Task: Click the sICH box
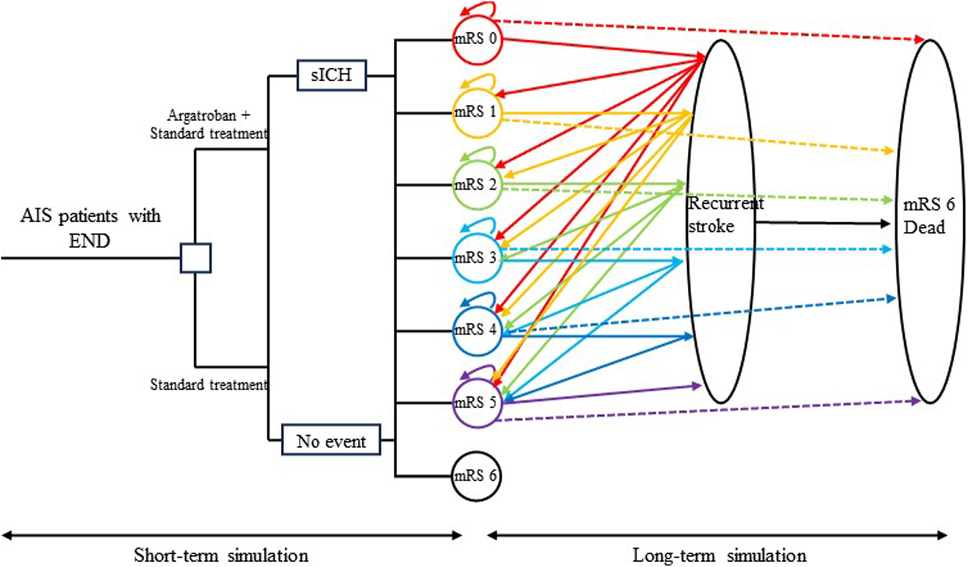(x=332, y=75)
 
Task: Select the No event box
(x=331, y=440)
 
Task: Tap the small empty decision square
(x=196, y=258)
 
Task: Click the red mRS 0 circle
(x=476, y=39)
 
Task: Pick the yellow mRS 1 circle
(x=476, y=112)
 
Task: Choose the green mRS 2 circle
(x=476, y=185)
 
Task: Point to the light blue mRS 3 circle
(x=476, y=258)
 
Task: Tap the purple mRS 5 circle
(x=476, y=403)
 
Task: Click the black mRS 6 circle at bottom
(x=476, y=476)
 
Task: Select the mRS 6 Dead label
(x=928, y=216)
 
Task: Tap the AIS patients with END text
(x=90, y=228)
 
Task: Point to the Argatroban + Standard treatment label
(x=209, y=124)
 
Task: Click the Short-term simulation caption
(x=221, y=556)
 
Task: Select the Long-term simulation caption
(x=719, y=556)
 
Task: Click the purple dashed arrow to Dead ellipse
(x=710, y=410)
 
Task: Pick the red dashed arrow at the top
(x=710, y=31)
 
